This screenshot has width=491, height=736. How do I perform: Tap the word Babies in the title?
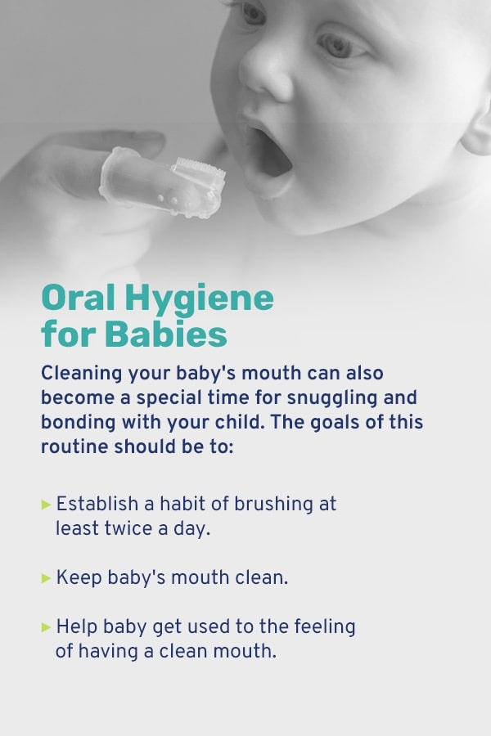pos(166,334)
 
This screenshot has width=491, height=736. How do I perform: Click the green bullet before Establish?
pos(46,505)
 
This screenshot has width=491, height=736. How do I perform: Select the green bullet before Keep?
pos(46,578)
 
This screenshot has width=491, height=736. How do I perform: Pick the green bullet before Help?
pos(46,626)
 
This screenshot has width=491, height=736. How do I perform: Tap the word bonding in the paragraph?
pos(78,423)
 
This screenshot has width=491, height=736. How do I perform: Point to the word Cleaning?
pos(82,374)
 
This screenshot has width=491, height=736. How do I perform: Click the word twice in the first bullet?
pos(128,528)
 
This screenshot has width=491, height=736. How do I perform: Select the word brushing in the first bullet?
pos(273,505)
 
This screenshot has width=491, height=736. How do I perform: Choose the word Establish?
pos(97,504)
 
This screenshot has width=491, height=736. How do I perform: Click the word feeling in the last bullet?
pos(325,627)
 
